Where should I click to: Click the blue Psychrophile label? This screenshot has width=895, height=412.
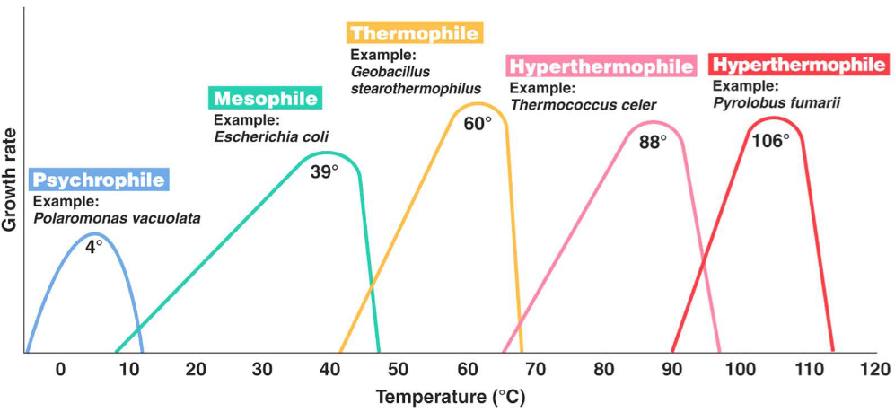pos(99,180)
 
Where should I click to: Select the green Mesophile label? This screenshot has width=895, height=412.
pos(266,99)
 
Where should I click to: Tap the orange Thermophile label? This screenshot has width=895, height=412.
pos(416,34)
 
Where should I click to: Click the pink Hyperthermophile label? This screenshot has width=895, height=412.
pos(601,67)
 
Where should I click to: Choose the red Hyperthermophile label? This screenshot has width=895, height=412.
pos(797,65)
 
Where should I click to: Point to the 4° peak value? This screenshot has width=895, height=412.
pos(94,245)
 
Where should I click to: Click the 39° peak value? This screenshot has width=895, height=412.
pos(324,171)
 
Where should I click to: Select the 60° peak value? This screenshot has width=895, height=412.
pos(478,123)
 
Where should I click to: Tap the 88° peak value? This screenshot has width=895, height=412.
pos(653,142)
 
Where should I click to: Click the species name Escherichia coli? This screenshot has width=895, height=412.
pos(271,136)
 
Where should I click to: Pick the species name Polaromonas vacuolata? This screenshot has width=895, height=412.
pos(117,217)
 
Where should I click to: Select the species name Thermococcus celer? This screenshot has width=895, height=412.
pos(583,105)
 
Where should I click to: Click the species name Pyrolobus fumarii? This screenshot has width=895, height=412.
pos(777,102)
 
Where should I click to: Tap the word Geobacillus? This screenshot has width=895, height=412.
pos(390,72)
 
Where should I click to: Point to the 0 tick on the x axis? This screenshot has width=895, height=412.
pos(60,370)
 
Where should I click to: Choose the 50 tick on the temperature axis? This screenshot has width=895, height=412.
pos(398,370)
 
